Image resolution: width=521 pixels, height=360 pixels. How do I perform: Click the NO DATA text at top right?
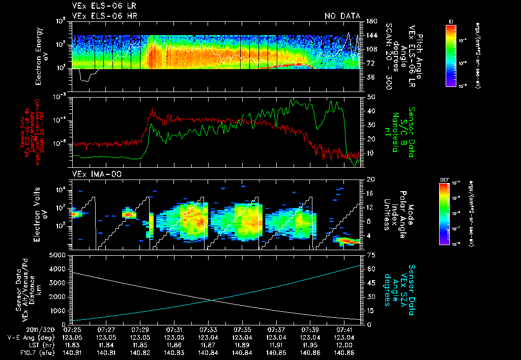click(342, 16)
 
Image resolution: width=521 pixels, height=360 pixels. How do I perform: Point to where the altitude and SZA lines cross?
click(213, 300)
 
